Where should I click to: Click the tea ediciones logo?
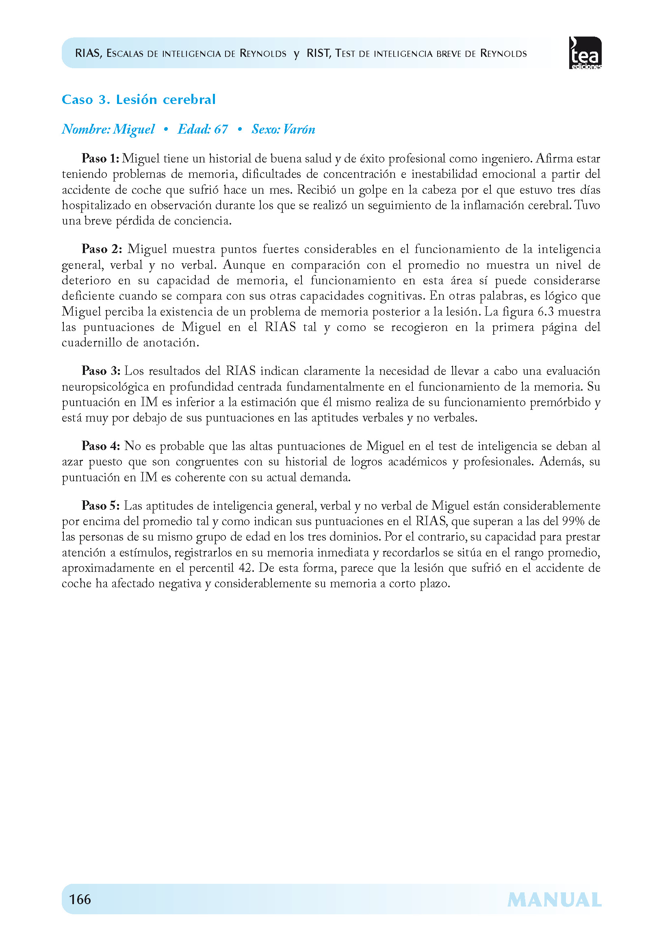click(x=585, y=53)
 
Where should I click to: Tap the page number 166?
click(x=80, y=899)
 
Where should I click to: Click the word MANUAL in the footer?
click(x=554, y=900)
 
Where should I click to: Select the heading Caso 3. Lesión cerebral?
click(x=139, y=100)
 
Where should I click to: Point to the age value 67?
click(x=221, y=130)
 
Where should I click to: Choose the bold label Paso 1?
click(x=100, y=158)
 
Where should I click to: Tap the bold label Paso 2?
click(x=102, y=249)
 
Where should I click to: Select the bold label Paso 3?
click(x=101, y=371)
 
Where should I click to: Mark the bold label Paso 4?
click(x=101, y=446)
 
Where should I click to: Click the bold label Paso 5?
click(x=101, y=506)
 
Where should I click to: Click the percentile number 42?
click(x=245, y=568)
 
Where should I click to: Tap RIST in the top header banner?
click(x=318, y=53)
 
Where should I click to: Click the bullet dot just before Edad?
click(x=166, y=130)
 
